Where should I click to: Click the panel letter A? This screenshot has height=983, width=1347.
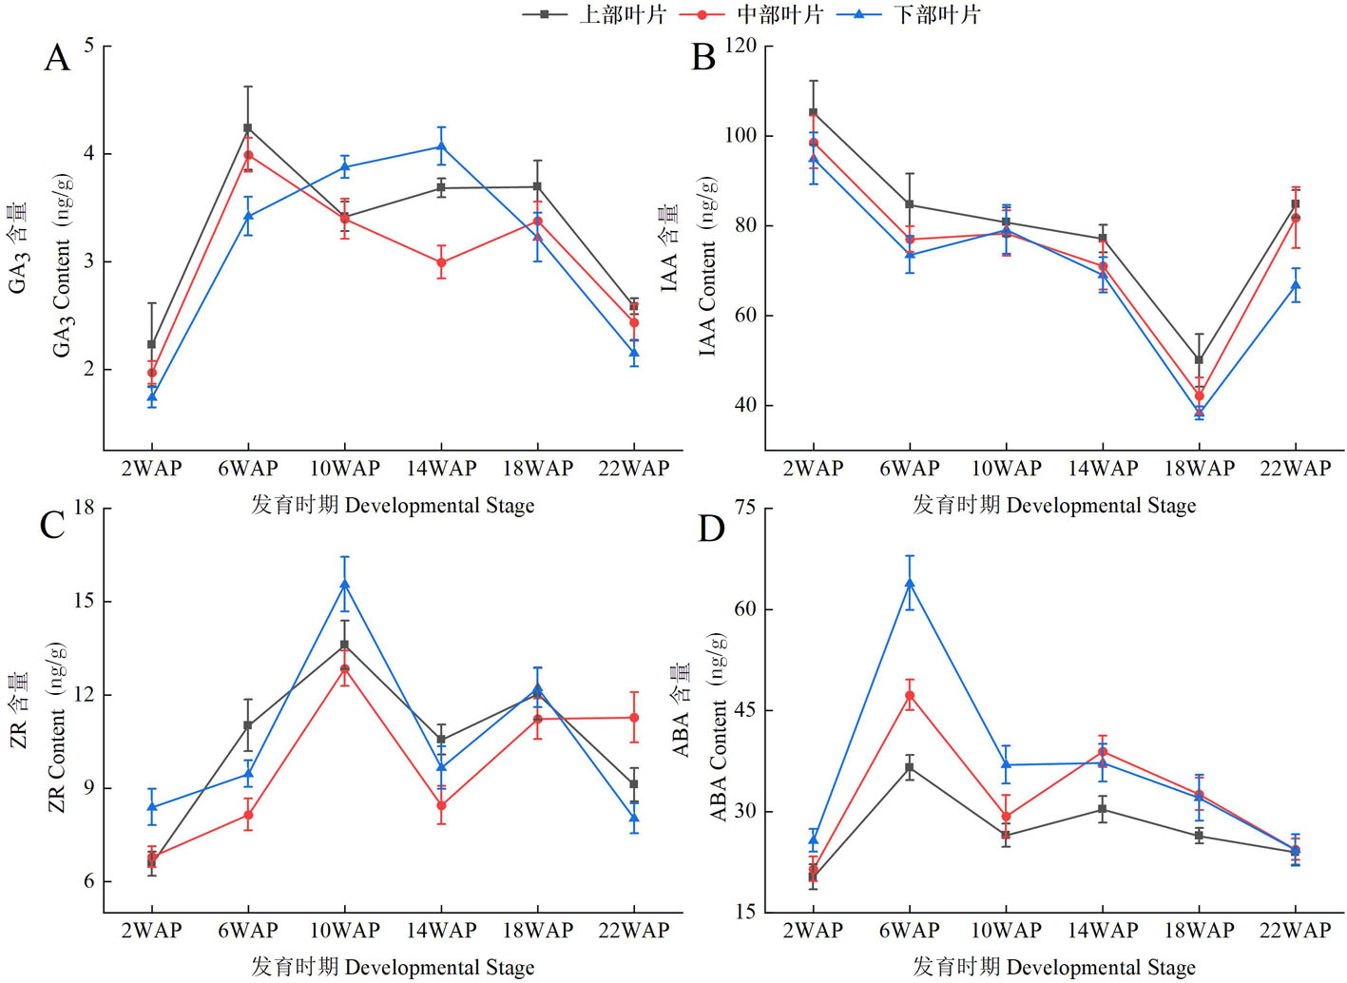(x=57, y=58)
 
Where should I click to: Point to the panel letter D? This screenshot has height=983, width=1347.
(x=711, y=528)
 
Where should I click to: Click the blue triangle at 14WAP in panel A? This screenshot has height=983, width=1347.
(x=441, y=146)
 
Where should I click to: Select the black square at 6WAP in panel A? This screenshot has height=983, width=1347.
(x=248, y=127)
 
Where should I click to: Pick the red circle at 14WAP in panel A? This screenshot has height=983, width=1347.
(x=441, y=262)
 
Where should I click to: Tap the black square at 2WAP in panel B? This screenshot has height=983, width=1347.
(x=813, y=112)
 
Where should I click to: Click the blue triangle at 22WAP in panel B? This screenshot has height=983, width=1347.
(x=1296, y=285)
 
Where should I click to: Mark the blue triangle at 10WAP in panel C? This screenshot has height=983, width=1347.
(x=345, y=585)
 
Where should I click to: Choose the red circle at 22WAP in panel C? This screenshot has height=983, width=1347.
(x=634, y=718)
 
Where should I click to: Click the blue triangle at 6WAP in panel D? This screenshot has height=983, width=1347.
(x=910, y=584)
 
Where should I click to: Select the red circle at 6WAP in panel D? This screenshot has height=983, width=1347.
(x=910, y=696)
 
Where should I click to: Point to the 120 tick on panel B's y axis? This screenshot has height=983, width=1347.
(x=741, y=47)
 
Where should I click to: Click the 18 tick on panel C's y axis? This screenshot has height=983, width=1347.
(x=85, y=508)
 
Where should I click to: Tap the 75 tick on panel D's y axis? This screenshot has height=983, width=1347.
(x=746, y=508)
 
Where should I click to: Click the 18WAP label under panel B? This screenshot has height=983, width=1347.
(x=1199, y=468)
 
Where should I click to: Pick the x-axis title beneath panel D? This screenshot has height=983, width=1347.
(x=1054, y=967)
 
